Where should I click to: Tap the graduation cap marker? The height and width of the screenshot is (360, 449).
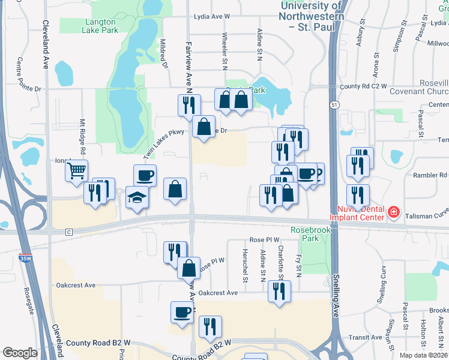click(137, 197)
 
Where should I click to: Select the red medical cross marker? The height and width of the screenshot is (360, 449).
click(393, 212)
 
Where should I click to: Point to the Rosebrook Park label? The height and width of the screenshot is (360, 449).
click(307, 234)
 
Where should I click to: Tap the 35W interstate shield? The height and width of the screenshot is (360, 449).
click(25, 258)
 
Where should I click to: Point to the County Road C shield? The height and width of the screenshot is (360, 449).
click(69, 232)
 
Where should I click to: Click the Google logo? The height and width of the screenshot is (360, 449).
click(20, 353)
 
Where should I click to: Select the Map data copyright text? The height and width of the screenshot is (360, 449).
click(424, 355)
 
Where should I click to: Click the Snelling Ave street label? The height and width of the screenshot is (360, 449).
click(335, 297)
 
